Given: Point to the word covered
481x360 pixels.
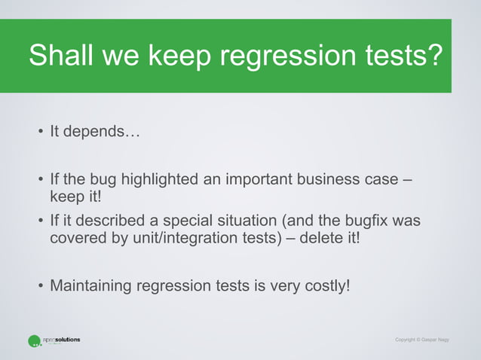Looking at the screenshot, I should [74, 239].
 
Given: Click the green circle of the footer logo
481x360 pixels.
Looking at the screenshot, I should [34, 341].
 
